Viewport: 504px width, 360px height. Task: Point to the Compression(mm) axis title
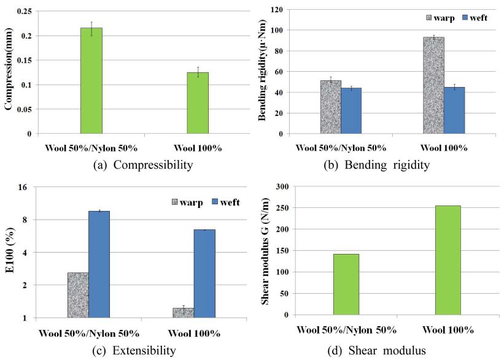coord(9,72)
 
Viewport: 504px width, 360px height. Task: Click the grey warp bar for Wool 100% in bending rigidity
coord(433,85)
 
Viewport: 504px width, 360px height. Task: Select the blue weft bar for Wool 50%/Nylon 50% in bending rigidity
coord(351,111)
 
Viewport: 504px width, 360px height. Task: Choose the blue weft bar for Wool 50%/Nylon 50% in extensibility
coord(99,264)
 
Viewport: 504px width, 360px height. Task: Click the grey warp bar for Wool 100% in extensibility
coord(183,313)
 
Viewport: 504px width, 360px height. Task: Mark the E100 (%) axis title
coord(9,253)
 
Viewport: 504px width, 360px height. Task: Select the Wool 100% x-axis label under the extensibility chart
coord(193,334)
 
